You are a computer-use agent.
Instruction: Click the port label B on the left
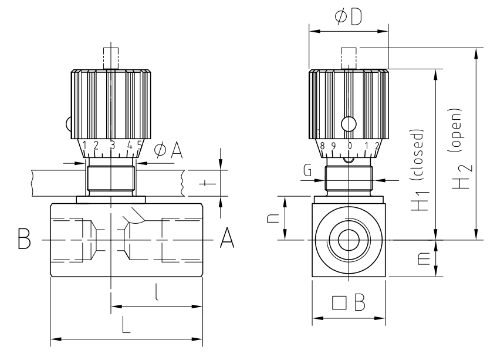pos(24,240)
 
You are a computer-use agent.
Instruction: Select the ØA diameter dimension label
pos(168,152)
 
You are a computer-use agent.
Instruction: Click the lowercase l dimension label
pos(156,292)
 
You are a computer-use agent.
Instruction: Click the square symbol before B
pos(339,302)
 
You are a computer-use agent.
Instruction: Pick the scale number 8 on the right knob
pos(323,145)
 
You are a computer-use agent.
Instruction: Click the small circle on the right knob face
pos(349,125)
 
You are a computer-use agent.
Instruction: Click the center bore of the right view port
pos(350,240)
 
